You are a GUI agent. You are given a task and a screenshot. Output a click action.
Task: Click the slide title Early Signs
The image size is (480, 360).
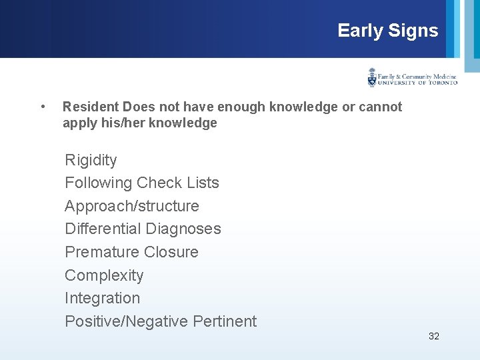tap(387, 31)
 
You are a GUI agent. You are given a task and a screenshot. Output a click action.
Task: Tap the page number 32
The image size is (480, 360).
tap(433, 336)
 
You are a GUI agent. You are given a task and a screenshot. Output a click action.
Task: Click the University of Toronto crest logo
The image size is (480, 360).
tap(372, 78)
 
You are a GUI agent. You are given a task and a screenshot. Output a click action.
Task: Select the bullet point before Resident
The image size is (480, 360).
tap(43, 107)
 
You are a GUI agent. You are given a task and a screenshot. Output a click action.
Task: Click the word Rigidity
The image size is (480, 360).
tap(91, 160)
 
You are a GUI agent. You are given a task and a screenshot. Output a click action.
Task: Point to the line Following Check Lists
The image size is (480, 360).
tap(141, 183)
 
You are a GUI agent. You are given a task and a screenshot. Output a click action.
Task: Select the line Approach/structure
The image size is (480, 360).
tap(131, 206)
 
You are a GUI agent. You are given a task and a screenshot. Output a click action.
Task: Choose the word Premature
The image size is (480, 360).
tap(97, 252)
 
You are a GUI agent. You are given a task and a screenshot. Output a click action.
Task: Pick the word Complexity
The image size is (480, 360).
tap(104, 275)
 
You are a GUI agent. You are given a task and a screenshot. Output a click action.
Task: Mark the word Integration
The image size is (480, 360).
tap(102, 298)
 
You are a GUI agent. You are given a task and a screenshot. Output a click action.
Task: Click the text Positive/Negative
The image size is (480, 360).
tap(126, 321)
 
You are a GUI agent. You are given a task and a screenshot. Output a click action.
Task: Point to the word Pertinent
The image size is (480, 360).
tap(225, 321)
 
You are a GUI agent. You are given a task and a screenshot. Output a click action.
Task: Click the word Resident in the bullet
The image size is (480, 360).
tap(91, 107)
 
